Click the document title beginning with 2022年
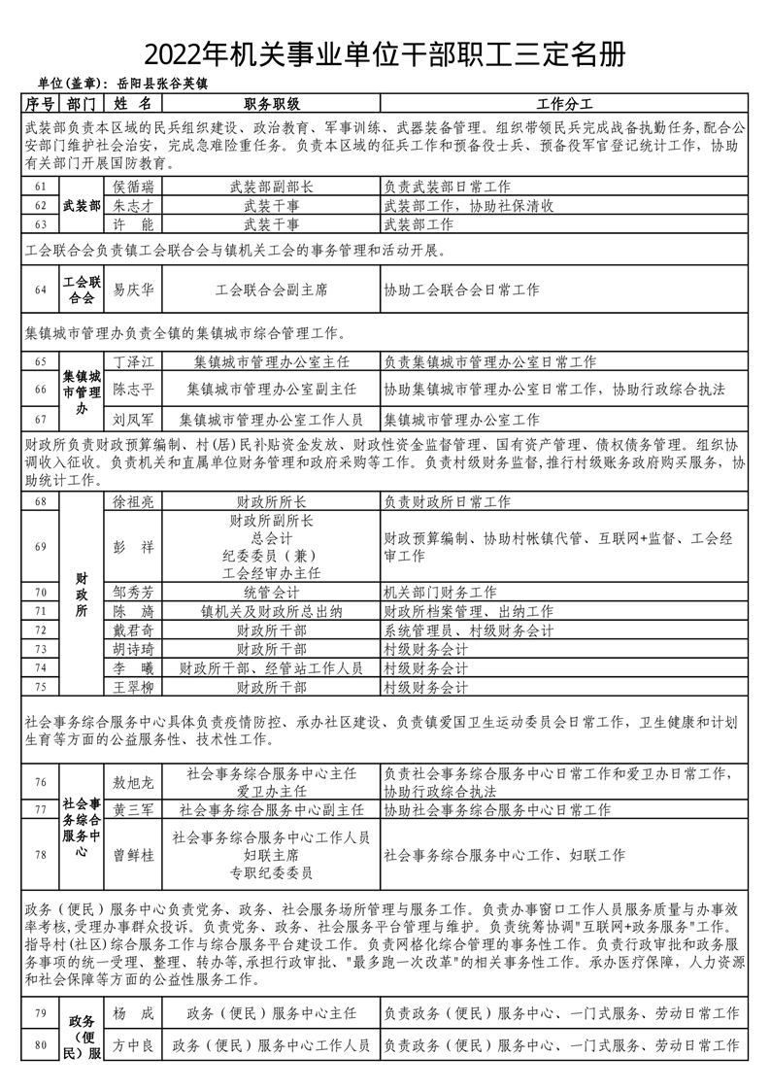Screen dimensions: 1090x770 pos(385,53)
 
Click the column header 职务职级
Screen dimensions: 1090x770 pos(272,103)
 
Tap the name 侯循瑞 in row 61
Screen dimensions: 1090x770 pos(134,187)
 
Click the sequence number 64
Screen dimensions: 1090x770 pos(40,290)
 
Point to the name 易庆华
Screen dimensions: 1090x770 pos(134,290)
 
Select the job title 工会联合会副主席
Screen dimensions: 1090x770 pos(272,290)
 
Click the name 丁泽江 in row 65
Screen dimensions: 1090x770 pos(134,361)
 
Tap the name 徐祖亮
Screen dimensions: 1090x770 pos(134,502)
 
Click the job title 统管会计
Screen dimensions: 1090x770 pos(272,592)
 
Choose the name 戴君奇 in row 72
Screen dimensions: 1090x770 pos(134,630)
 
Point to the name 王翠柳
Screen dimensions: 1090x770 pos(134,688)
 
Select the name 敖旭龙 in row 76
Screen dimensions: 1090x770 pos(134,781)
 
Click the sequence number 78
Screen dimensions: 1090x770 pos(40,855)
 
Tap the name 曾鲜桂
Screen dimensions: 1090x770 pos(134,855)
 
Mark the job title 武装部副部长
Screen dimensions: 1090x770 pos(272,187)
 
